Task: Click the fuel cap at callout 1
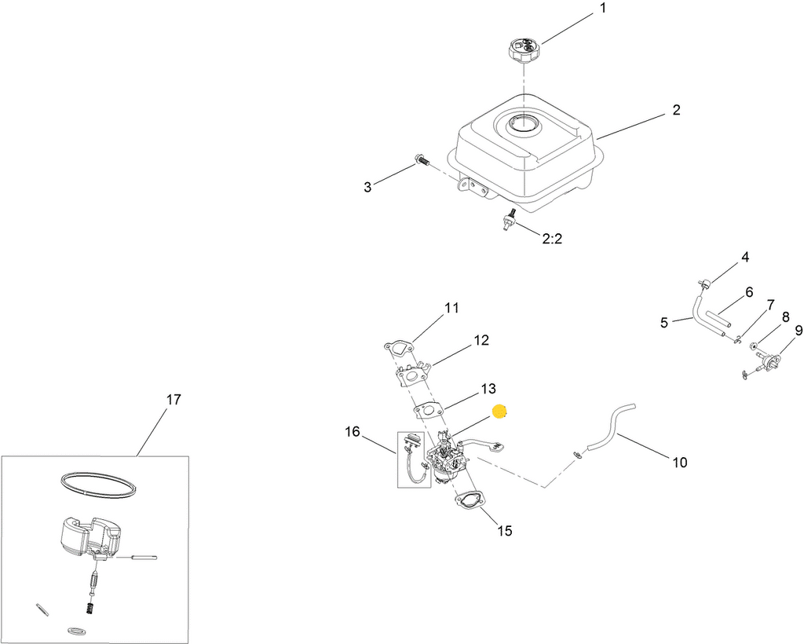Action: pyautogui.click(x=523, y=53)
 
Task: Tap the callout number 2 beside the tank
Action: pyautogui.click(x=676, y=110)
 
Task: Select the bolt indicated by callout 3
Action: pyautogui.click(x=422, y=163)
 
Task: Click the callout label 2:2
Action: pyautogui.click(x=552, y=239)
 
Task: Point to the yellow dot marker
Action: pyautogui.click(x=499, y=412)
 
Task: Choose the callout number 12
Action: pyautogui.click(x=481, y=340)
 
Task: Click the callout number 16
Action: pyautogui.click(x=352, y=431)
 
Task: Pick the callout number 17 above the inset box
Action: pyautogui.click(x=174, y=399)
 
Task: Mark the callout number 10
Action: pyautogui.click(x=679, y=463)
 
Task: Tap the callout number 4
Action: pyautogui.click(x=745, y=257)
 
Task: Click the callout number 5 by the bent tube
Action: pyautogui.click(x=664, y=322)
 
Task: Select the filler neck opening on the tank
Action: pyautogui.click(x=523, y=123)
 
